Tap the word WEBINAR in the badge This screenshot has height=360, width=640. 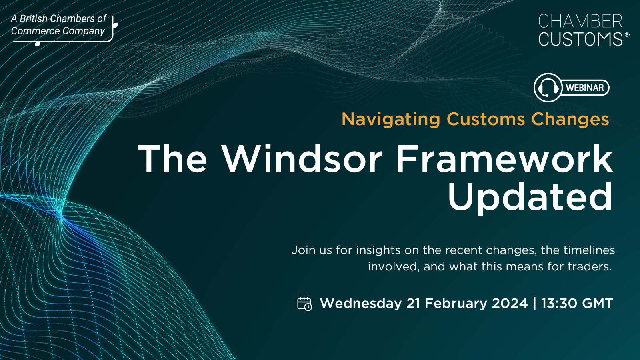click(x=585, y=88)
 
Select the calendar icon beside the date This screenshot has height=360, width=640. click(x=304, y=304)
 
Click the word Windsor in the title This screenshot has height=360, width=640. click(x=302, y=159)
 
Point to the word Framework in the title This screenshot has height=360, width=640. click(x=504, y=159)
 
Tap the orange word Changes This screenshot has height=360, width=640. click(x=570, y=120)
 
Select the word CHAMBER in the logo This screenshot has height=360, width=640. click(x=580, y=21)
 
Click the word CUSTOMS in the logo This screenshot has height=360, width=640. click(x=580, y=39)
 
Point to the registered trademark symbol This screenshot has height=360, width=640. click(x=627, y=34)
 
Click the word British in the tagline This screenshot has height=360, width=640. click(x=35, y=18)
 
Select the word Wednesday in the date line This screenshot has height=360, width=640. click(x=361, y=303)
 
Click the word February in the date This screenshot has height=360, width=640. click(x=456, y=303)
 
